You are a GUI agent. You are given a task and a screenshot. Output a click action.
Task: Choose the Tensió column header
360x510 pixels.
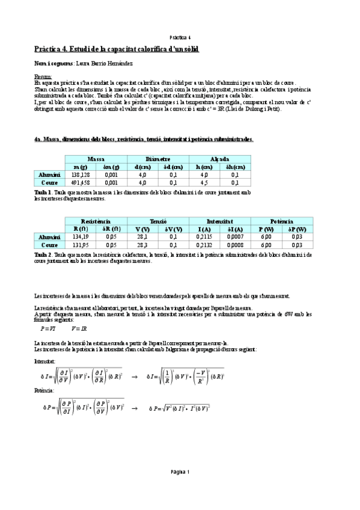tap(158, 221)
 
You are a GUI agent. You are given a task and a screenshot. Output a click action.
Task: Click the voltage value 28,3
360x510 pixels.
tap(142, 245)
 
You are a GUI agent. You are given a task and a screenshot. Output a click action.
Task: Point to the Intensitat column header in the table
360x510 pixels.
tap(220, 221)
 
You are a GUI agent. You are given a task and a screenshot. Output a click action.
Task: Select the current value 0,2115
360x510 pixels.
tap(205, 237)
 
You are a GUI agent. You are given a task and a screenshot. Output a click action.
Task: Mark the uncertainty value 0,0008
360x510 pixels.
tap(236, 245)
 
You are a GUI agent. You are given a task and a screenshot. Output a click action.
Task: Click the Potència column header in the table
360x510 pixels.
tap(282, 221)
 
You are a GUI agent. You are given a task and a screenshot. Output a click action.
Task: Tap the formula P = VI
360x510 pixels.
tap(47, 329)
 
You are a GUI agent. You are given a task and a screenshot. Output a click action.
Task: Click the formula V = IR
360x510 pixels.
tap(79, 329)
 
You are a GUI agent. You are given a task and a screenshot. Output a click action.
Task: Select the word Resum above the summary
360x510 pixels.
tap(43, 77)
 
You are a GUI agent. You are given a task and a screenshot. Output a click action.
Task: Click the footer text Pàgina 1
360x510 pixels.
tap(180, 472)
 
